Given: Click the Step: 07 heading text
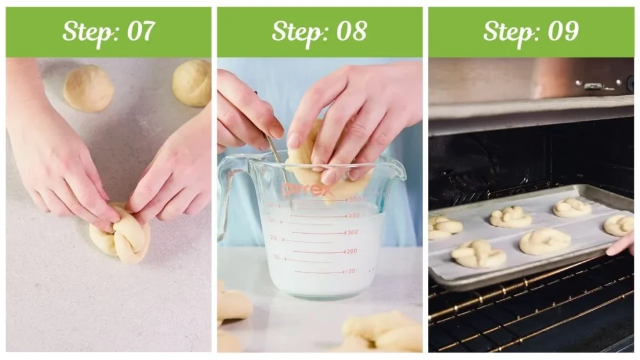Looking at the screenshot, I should tap(108, 31).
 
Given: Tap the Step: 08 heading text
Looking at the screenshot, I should tap(319, 31).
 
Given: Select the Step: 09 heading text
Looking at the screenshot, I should tap(531, 31).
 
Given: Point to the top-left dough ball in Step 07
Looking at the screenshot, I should tap(88, 89).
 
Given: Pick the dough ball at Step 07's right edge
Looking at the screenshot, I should tap(193, 82).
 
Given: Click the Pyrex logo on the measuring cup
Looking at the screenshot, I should tap(307, 189).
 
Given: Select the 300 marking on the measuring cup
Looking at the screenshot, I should tap(352, 232).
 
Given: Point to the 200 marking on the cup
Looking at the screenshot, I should tap(352, 251).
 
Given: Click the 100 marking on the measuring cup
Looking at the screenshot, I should tap(349, 271).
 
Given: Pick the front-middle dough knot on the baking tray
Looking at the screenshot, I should tap(544, 241).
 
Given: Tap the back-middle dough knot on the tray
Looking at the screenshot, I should tap(511, 217).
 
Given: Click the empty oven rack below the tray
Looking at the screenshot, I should tap(531, 312).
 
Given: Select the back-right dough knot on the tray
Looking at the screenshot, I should tap(572, 207).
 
